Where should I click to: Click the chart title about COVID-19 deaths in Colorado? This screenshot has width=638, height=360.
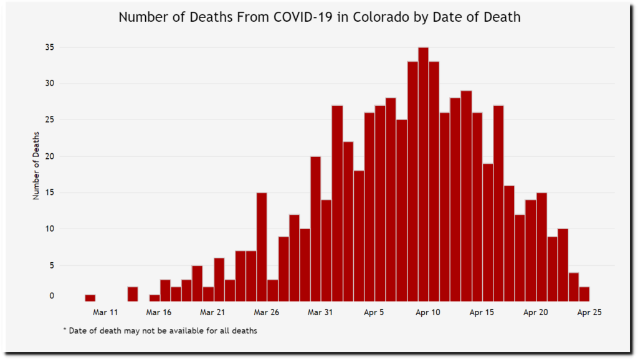(x=319, y=17)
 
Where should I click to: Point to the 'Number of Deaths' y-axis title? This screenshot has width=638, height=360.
(x=36, y=165)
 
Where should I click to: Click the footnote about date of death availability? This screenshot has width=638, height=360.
(x=160, y=331)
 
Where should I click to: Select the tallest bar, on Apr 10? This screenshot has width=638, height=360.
(x=423, y=174)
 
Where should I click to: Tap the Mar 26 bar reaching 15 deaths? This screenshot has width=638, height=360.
(x=262, y=247)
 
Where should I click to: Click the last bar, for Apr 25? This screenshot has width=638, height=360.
(x=584, y=293)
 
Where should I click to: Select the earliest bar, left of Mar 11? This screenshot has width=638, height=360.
(x=90, y=298)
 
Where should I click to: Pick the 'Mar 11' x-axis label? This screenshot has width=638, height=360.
(x=105, y=312)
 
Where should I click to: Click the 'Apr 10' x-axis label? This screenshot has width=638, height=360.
(x=429, y=312)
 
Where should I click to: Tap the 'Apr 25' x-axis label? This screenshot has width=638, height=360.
(x=589, y=312)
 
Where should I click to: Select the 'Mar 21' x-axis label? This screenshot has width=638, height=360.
(x=213, y=312)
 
